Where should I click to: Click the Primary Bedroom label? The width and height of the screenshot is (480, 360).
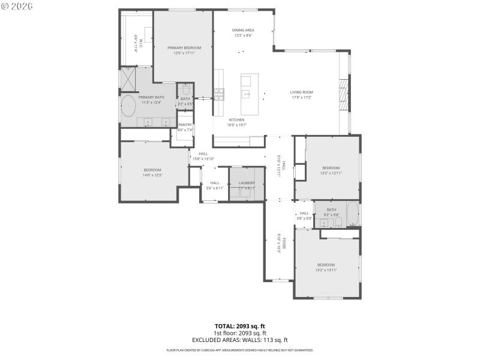(x=184, y=47)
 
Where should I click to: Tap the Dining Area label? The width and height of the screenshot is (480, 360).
(x=243, y=30)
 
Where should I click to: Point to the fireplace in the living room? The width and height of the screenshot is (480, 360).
(x=343, y=93)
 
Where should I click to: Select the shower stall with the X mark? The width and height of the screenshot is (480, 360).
(x=128, y=79)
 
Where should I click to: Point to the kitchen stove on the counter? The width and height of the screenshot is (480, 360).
(x=219, y=94)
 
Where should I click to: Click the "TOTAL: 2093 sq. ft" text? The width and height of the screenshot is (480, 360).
(x=240, y=326)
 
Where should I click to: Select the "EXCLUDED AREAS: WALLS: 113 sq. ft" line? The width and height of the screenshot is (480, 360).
(x=240, y=340)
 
